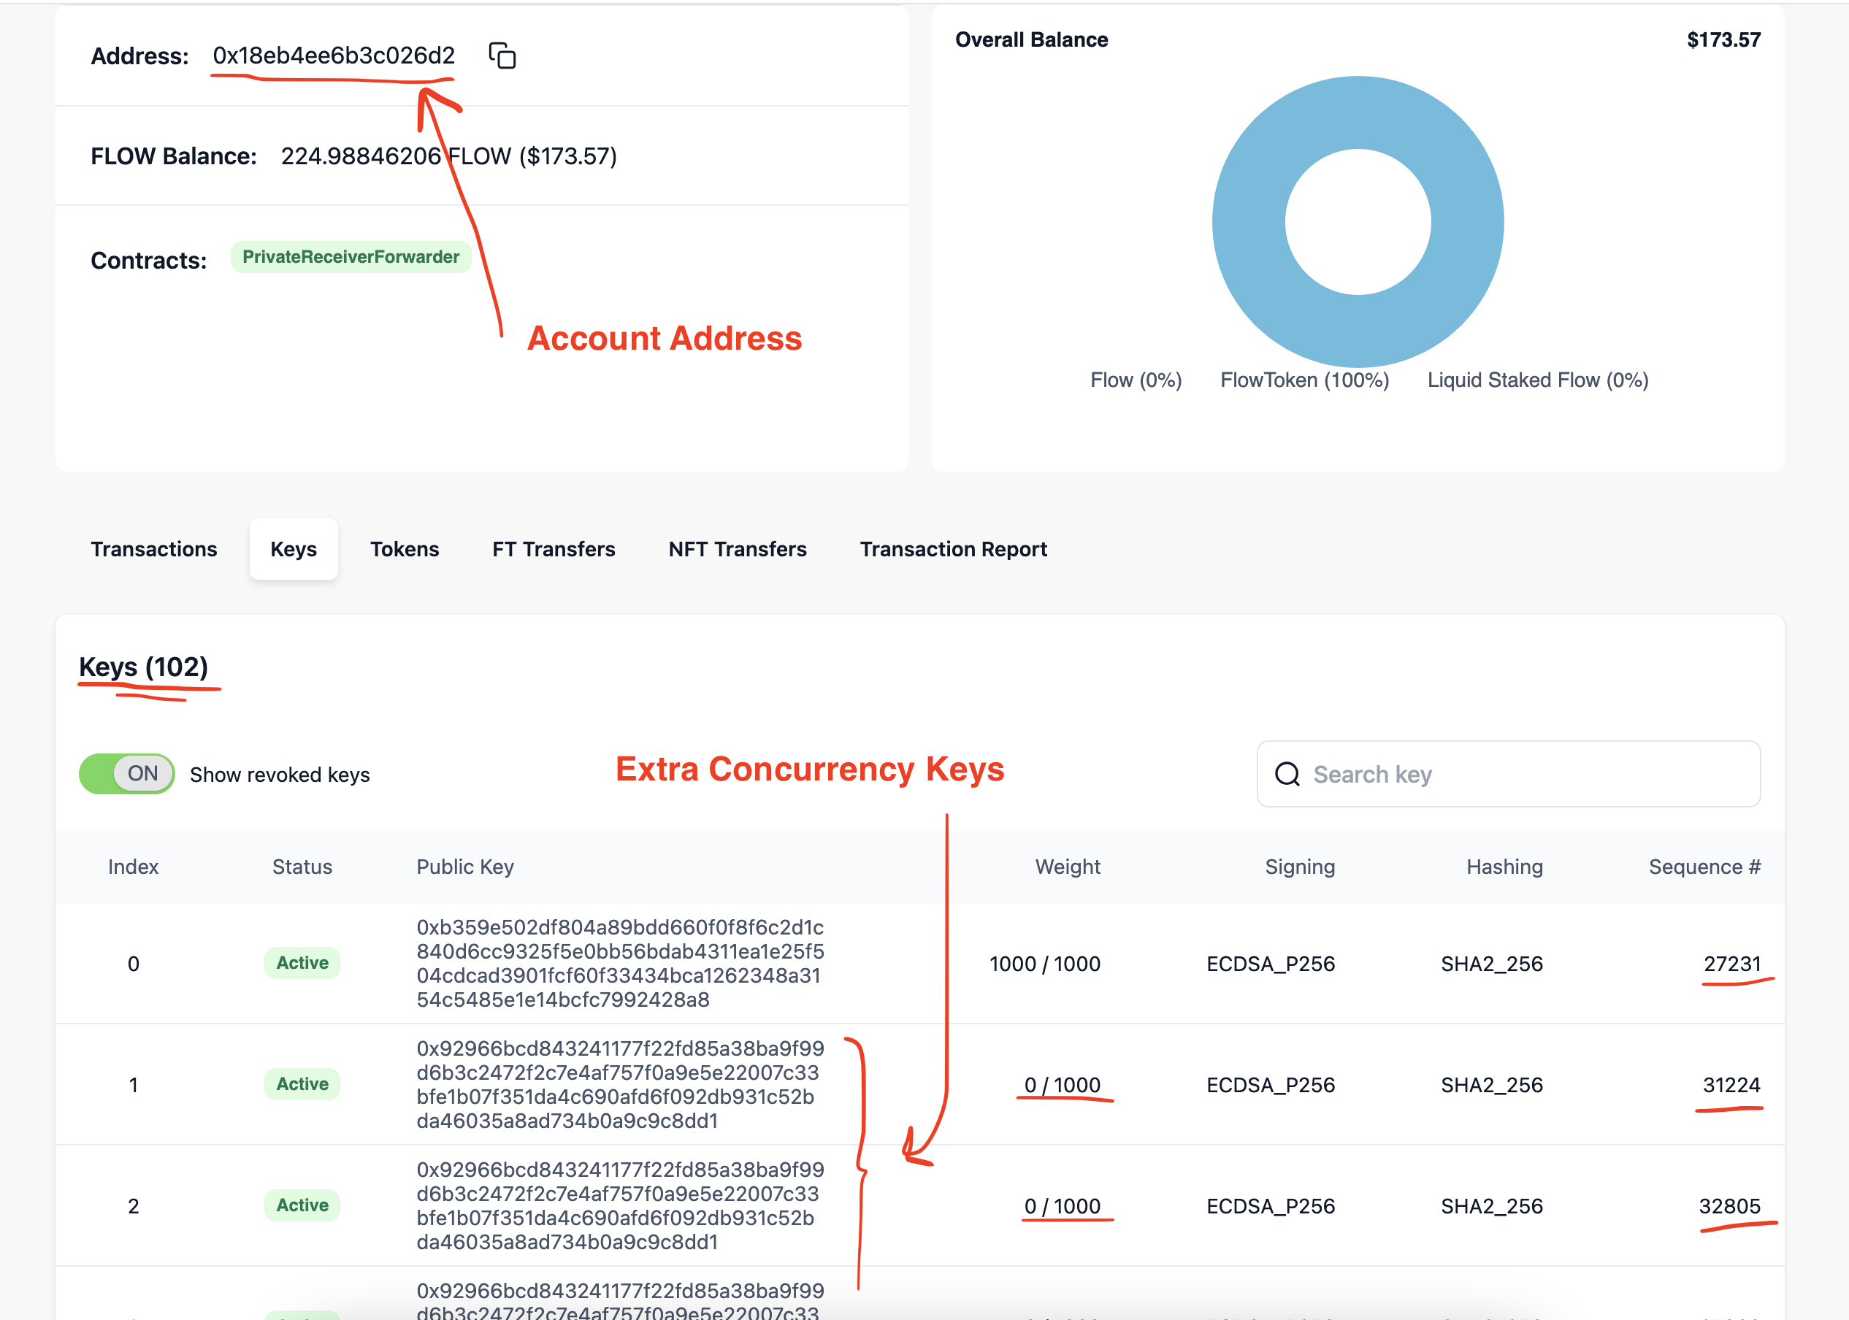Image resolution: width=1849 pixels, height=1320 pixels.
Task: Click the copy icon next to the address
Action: pyautogui.click(x=502, y=55)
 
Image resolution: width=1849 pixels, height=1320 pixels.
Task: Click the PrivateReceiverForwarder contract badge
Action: pyautogui.click(x=351, y=257)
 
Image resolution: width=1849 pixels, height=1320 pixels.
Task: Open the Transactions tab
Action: pyautogui.click(x=153, y=550)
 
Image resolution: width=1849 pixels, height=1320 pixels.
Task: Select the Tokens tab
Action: pyautogui.click(x=404, y=550)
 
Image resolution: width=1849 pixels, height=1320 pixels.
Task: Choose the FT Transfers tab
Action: pyautogui.click(x=554, y=550)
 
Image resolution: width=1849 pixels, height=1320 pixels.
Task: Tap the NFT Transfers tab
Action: pyautogui.click(x=737, y=550)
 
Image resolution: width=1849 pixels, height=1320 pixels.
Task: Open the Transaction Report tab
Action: pyautogui.click(x=954, y=550)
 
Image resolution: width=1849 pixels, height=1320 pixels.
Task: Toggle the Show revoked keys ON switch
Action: pyautogui.click(x=127, y=774)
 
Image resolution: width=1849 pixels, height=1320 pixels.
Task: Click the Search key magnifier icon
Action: pyautogui.click(x=1287, y=775)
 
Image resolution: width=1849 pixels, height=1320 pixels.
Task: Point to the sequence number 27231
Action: pyautogui.click(x=1732, y=964)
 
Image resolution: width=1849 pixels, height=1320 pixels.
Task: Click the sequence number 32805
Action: pyautogui.click(x=1729, y=1206)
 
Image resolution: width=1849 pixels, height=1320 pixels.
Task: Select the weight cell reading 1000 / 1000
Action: pyautogui.click(x=1044, y=964)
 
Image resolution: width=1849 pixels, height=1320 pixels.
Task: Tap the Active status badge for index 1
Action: pyautogui.click(x=302, y=1084)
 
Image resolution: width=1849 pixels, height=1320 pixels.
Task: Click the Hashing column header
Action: pyautogui.click(x=1504, y=867)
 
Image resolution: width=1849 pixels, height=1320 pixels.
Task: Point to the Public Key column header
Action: pyautogui.click(x=465, y=867)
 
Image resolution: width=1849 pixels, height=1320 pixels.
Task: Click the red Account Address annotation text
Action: pyautogui.click(x=664, y=338)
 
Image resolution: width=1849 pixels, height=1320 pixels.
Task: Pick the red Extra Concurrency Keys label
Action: pyautogui.click(x=810, y=769)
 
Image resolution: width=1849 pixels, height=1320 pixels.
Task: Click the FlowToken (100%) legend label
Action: pyautogui.click(x=1304, y=380)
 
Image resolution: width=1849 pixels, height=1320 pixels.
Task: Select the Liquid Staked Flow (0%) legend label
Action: pyautogui.click(x=1538, y=380)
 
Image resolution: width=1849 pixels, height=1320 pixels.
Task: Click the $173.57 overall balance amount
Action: pyautogui.click(x=1723, y=40)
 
